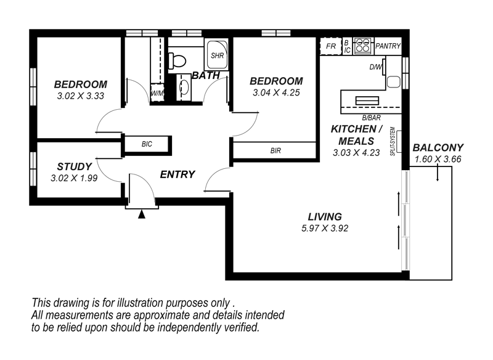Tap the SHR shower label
point(217,55)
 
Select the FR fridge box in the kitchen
point(331,46)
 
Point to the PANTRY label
point(388,46)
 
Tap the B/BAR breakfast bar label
point(370,117)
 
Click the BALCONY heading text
point(438,148)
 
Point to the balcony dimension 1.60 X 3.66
point(438,159)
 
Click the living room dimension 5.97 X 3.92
point(325,228)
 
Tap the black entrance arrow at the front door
point(142,215)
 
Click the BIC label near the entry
point(147,144)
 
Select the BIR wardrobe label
point(275,150)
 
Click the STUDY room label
point(75,166)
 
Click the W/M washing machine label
point(158,94)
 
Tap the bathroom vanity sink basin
point(183,88)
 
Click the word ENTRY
point(177,174)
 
